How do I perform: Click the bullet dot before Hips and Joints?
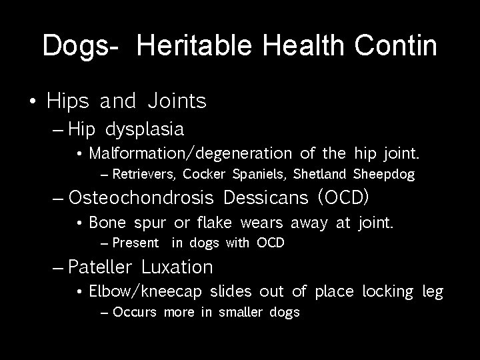pyautogui.click(x=33, y=102)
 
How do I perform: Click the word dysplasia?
pyautogui.click(x=145, y=128)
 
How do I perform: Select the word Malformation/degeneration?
pyautogui.click(x=191, y=154)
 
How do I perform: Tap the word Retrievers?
pyautogui.click(x=143, y=175)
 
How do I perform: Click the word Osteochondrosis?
pyautogui.click(x=141, y=199)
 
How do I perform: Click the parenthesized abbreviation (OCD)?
pyautogui.click(x=343, y=199)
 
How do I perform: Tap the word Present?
pyautogui.click(x=136, y=243)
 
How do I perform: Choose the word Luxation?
pyautogui.click(x=177, y=267)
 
